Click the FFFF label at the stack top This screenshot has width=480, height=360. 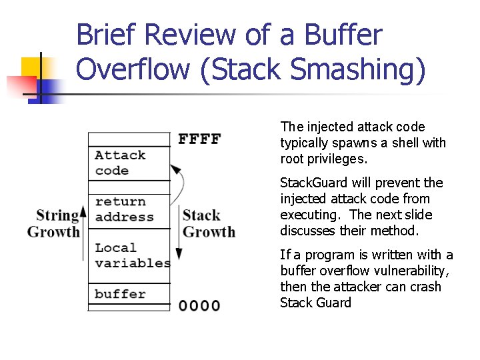coord(199,139)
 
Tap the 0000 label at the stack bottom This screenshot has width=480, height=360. coord(199,306)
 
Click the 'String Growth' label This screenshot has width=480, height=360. coord(53,223)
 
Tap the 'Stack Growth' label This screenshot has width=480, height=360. coord(209,223)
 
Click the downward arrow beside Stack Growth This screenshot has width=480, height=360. coord(179,233)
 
